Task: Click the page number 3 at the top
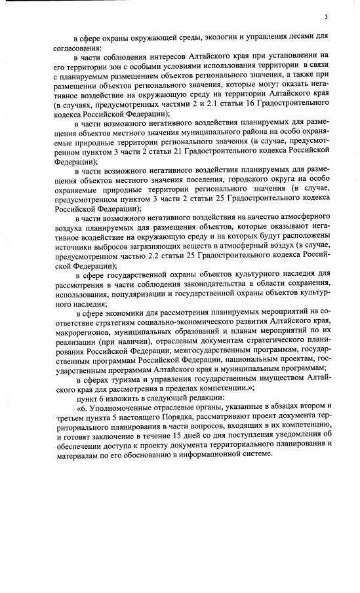(x=325, y=17)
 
